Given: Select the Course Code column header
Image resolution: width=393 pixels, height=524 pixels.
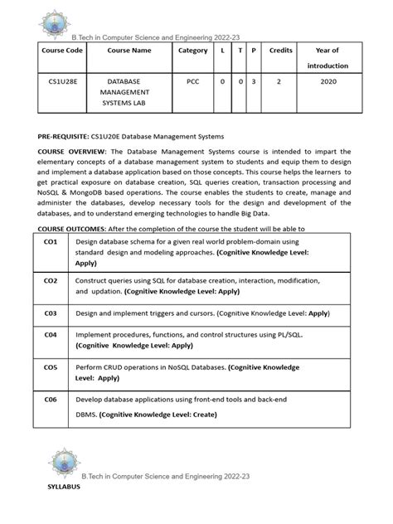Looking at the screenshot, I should coord(63,50).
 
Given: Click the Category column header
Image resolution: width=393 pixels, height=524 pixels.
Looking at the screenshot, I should coord(193,50).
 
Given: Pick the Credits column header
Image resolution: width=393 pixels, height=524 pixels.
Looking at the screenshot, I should coord(281,50).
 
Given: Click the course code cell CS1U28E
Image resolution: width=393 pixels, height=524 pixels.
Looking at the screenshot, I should coord(63,83).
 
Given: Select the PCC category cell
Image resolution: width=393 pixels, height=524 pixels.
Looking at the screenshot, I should coord(193,83).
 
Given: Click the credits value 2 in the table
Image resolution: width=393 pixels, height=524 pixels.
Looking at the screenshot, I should coord(281,83).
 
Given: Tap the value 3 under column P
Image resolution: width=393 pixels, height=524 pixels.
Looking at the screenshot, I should coord(254,83).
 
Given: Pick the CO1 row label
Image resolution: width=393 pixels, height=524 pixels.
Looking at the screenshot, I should coord(51,241).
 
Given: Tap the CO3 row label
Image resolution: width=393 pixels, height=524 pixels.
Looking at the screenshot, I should coord(51,314).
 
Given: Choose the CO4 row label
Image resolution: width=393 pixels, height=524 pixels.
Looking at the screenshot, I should coord(51,334).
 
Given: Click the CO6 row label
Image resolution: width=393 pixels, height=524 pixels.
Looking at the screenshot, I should coord(51,399).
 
